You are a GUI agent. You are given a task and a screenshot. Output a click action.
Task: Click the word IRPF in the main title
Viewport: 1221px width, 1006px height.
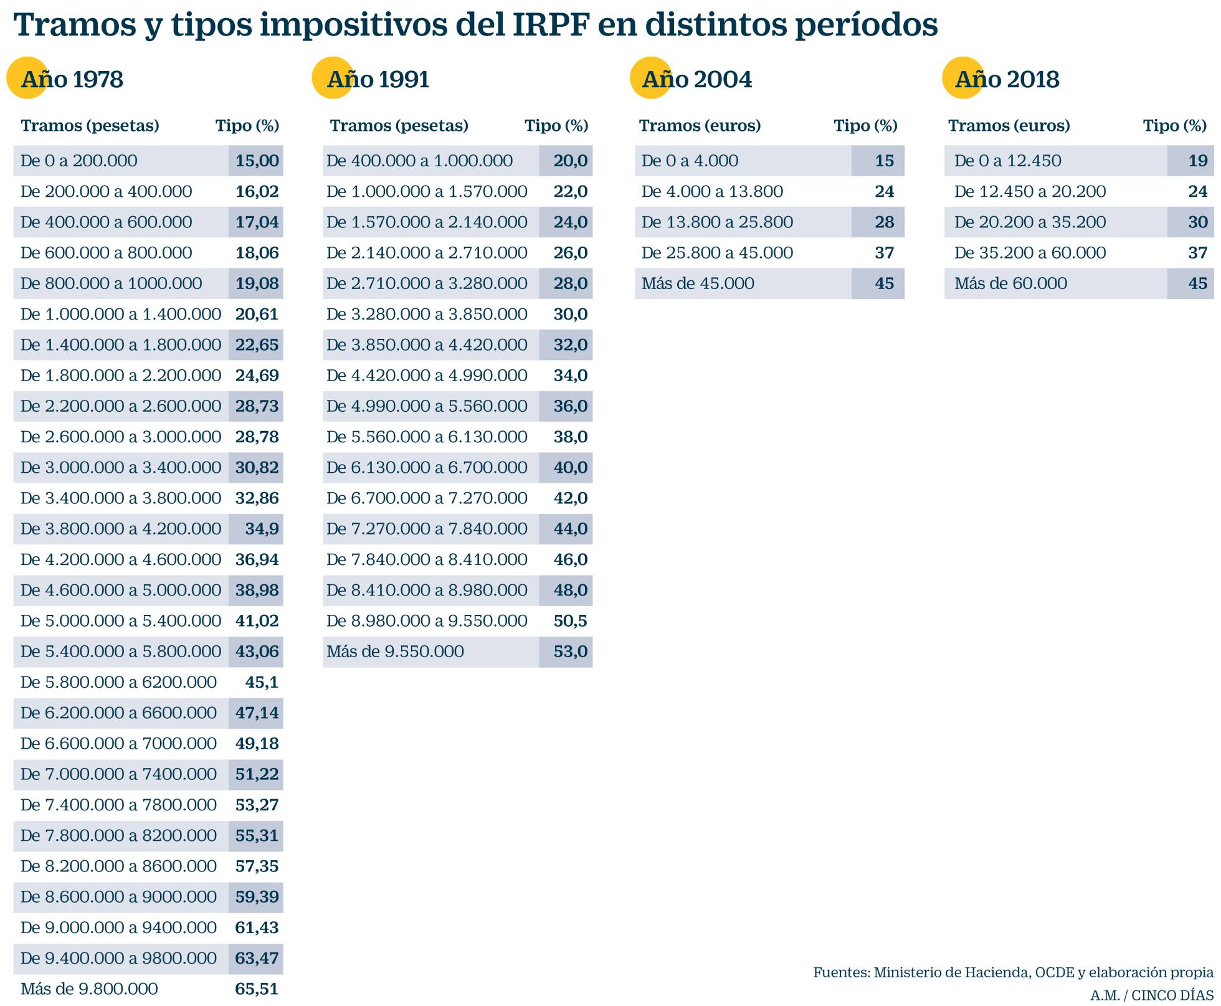pyautogui.click(x=551, y=25)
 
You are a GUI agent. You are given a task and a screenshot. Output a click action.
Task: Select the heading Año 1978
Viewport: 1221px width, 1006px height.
pyautogui.click(x=72, y=80)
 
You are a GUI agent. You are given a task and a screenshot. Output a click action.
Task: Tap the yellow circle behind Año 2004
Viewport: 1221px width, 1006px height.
pyautogui.click(x=650, y=78)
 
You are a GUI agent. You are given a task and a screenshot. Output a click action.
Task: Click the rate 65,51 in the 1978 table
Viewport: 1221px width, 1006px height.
pyautogui.click(x=257, y=989)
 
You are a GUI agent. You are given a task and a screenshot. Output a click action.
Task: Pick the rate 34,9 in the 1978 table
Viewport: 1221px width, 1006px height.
pyautogui.click(x=262, y=529)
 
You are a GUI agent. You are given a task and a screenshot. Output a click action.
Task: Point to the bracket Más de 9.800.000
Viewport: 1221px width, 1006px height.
pyautogui.click(x=89, y=989)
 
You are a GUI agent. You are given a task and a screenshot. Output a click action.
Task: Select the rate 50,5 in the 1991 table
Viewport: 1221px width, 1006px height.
pyautogui.click(x=571, y=621)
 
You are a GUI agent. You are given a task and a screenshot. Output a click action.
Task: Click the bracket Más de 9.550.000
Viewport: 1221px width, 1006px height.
pyautogui.click(x=395, y=652)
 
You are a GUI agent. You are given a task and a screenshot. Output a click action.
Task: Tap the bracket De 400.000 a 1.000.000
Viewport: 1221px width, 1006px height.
pyautogui.click(x=419, y=161)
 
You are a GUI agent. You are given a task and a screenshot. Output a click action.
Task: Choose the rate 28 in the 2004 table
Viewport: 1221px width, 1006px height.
pyautogui.click(x=884, y=222)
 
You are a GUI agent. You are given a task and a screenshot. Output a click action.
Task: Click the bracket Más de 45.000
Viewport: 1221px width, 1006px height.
pyautogui.click(x=698, y=283)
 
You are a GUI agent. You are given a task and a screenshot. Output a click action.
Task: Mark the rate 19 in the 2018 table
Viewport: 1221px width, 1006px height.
pyautogui.click(x=1197, y=161)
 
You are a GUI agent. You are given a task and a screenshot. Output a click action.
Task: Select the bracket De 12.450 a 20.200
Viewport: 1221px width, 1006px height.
pyautogui.click(x=1030, y=191)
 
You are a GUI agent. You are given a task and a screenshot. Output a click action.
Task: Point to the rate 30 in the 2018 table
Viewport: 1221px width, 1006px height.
pyautogui.click(x=1197, y=222)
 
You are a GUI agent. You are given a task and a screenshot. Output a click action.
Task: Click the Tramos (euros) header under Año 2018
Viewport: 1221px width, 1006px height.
pyautogui.click(x=1009, y=126)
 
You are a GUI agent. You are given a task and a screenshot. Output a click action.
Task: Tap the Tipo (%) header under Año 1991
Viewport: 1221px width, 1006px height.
pyautogui.click(x=556, y=126)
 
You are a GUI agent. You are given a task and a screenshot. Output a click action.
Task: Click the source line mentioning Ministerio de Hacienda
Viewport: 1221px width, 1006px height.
pyautogui.click(x=1013, y=972)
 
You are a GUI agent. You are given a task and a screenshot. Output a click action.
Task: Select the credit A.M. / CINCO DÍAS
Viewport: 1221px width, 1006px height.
pyautogui.click(x=1151, y=995)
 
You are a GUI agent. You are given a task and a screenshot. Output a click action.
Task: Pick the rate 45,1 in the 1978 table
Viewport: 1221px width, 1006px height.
pyautogui.click(x=262, y=682)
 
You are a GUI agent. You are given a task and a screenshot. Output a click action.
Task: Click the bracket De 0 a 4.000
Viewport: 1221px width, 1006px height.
pyautogui.click(x=690, y=161)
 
